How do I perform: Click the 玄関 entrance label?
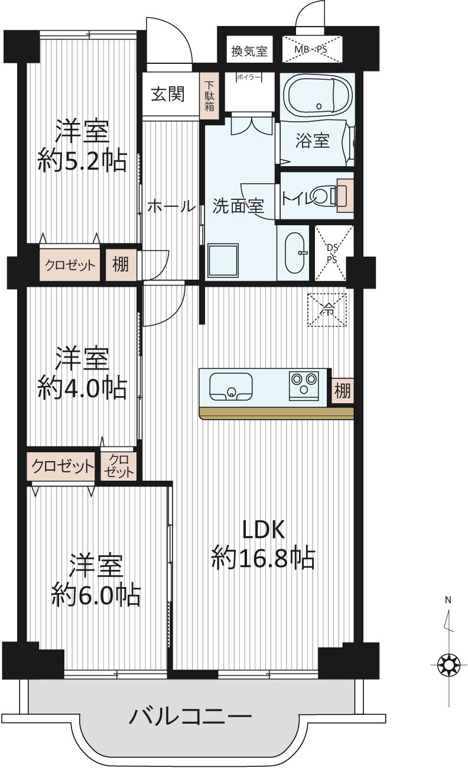[x=168, y=93]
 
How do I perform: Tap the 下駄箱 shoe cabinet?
[x=209, y=96]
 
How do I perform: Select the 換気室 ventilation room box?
[x=249, y=50]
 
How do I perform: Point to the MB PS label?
[x=311, y=49]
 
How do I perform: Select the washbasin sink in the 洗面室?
[x=295, y=252]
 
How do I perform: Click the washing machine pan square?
[x=223, y=261]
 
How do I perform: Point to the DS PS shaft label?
[x=332, y=253]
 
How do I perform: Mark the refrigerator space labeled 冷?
[x=327, y=310]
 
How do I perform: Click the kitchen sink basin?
[x=231, y=387]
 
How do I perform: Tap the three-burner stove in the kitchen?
[x=304, y=385]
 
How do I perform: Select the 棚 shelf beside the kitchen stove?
[x=342, y=390]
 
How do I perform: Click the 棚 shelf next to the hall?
[x=121, y=264]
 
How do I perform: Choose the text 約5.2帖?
[x=82, y=160]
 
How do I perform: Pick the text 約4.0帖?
[x=82, y=388]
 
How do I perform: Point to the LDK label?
[x=263, y=530]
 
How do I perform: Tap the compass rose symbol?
[x=448, y=665]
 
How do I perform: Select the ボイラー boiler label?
[x=249, y=77]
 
